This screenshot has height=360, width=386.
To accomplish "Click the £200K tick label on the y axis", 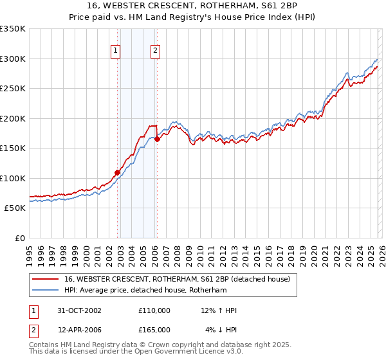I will point(13,118).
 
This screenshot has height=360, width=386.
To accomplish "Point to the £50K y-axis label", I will point(15,208).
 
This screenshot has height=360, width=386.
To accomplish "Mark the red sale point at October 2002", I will point(118,172).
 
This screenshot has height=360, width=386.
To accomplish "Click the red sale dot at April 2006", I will point(157,139).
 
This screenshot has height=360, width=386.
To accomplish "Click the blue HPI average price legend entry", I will point(145,291).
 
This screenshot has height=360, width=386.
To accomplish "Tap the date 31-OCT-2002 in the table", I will point(79,310).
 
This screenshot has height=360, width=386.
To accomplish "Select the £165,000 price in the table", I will point(154,329).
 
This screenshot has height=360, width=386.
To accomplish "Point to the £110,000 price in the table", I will point(154,310).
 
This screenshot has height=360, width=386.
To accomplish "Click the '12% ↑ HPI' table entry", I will point(219,310).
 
